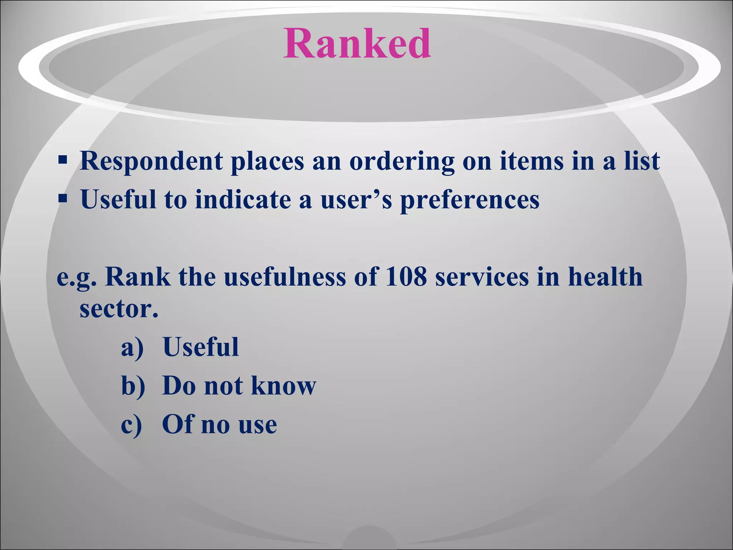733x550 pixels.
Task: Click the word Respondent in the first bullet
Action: (x=151, y=161)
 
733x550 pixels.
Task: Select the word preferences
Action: (x=470, y=200)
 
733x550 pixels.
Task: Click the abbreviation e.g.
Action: (x=77, y=278)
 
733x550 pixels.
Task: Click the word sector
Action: (x=118, y=309)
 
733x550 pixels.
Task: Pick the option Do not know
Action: (x=239, y=386)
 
